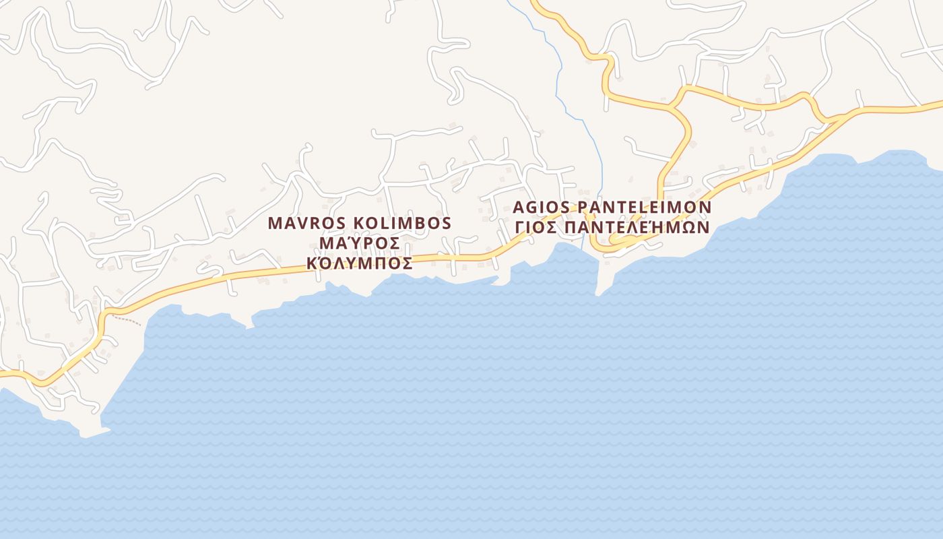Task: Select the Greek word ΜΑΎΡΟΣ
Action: click(360, 243)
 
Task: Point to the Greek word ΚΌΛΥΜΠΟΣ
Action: click(360, 263)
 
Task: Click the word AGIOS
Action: click(540, 206)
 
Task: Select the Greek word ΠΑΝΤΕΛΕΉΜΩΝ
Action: click(637, 226)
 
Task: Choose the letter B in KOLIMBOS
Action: click(422, 223)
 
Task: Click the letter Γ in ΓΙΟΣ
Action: click(520, 226)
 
